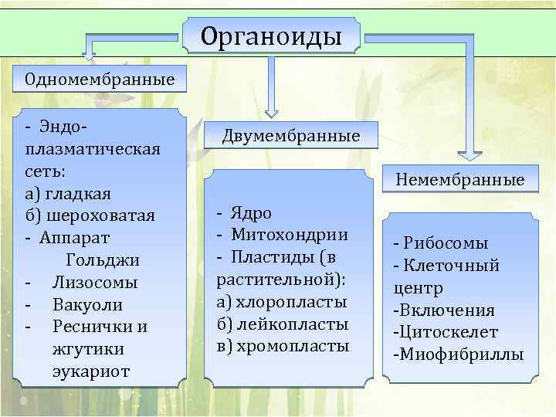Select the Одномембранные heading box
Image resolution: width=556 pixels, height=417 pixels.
[x=100, y=80]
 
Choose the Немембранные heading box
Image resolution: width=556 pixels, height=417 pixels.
[x=459, y=180]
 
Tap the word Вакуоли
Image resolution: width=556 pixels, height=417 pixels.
[x=87, y=304]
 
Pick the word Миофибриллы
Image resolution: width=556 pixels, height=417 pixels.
[x=461, y=355]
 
